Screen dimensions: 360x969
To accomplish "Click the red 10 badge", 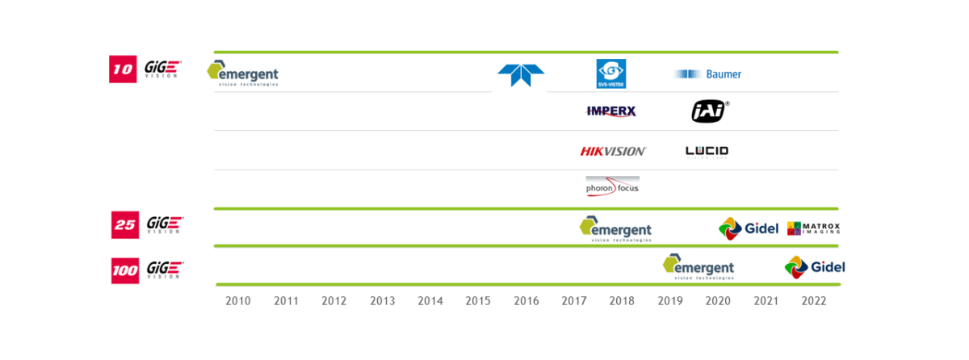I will [x=122, y=69].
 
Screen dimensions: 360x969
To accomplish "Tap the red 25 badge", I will [x=124, y=224].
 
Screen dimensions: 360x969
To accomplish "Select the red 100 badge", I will [x=125, y=270].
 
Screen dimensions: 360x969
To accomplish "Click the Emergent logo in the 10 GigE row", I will [x=243, y=73].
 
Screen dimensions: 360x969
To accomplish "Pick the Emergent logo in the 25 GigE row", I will [x=615, y=228].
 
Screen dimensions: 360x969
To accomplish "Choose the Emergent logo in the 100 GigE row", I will [x=698, y=266].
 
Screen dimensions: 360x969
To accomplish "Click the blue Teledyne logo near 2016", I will [x=521, y=74].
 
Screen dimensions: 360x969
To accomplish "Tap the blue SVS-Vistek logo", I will [x=611, y=73].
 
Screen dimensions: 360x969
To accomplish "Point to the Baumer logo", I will [x=708, y=74].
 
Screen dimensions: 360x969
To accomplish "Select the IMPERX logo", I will [x=611, y=111].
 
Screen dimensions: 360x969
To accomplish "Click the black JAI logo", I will [x=710, y=111].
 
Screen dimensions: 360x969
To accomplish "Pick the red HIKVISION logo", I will [x=613, y=151].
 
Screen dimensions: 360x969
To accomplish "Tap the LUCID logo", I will [x=707, y=151].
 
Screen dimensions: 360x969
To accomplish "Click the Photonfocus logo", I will [x=612, y=186].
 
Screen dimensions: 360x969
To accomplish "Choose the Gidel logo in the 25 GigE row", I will [x=749, y=228].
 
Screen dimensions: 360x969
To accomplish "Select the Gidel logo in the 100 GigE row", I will [x=814, y=266].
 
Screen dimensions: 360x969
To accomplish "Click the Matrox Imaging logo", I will [x=813, y=228].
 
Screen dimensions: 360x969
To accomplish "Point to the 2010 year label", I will [x=238, y=301].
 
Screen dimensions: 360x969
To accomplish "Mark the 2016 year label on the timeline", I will [x=526, y=301].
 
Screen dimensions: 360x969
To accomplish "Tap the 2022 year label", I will [x=814, y=301].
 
